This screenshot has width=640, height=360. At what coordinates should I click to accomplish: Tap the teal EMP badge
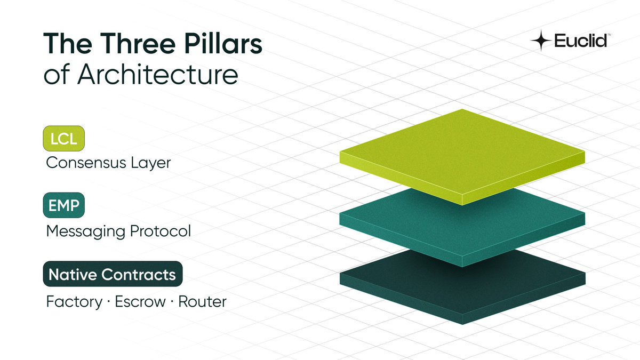(x=64, y=205)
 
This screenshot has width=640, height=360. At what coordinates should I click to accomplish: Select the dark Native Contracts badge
(x=113, y=275)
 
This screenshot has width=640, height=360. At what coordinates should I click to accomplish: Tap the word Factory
(x=74, y=301)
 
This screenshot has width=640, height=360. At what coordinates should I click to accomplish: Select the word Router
(x=202, y=301)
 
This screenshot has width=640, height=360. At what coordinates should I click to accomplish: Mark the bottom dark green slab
(x=462, y=291)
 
